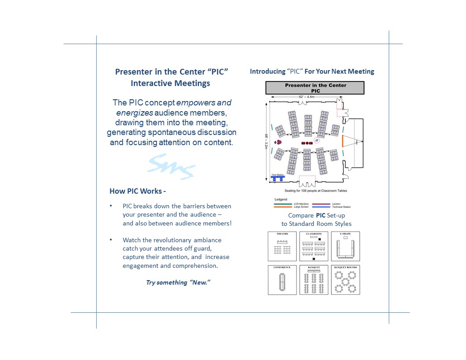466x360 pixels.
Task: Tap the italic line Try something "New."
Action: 178,282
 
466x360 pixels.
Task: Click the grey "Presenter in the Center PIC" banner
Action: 315,88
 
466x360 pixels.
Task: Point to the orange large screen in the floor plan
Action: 342,142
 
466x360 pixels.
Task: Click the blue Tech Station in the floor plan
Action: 278,177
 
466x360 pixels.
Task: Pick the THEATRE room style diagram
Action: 282,246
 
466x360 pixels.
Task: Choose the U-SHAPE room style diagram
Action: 346,246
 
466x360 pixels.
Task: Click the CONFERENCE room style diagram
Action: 282,280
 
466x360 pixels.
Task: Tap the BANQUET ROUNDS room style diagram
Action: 346,280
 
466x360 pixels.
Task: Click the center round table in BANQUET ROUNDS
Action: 346,282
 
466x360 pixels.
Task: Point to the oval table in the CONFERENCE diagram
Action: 282,282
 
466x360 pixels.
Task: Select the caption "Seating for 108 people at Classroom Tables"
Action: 316,191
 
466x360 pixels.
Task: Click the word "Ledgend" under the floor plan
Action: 281,199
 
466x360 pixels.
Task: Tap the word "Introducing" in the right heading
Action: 267,71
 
